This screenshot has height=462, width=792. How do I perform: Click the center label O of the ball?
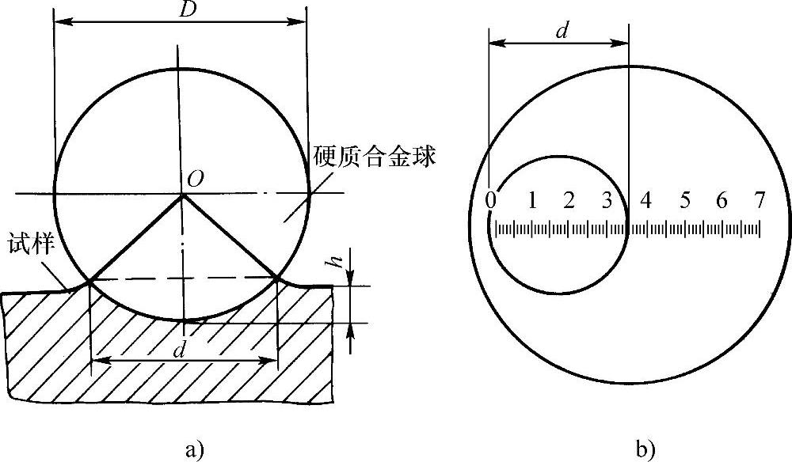[x=192, y=181]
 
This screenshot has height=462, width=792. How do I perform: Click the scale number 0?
[x=492, y=200]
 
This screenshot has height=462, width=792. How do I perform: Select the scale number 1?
[x=532, y=200]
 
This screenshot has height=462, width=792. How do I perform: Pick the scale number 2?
[x=569, y=200]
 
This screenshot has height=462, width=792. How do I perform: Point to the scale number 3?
[x=607, y=200]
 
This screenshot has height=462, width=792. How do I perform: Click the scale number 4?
[x=646, y=200]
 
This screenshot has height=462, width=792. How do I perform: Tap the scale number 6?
[x=722, y=200]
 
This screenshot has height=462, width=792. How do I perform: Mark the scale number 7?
[x=760, y=200]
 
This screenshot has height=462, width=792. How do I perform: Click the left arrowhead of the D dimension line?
[x=59, y=24]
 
